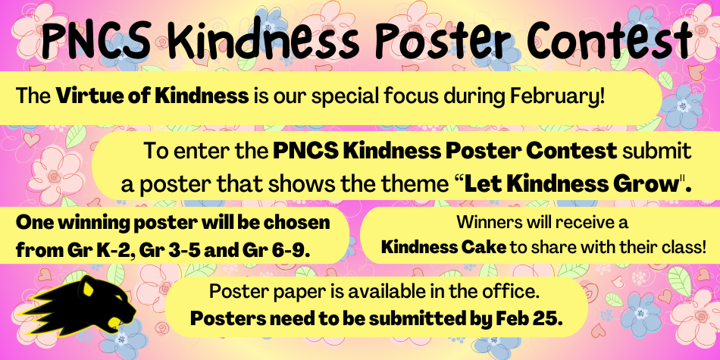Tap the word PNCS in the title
point(96,39)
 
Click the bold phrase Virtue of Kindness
point(152,96)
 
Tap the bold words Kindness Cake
point(444,248)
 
